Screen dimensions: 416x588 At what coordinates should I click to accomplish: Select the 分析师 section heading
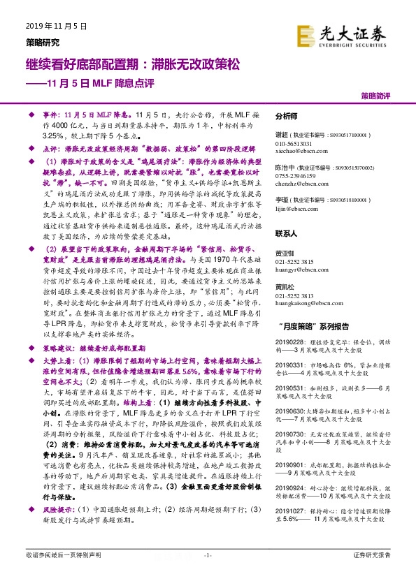click(287, 117)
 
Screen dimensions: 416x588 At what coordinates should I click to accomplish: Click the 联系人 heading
click(287, 233)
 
